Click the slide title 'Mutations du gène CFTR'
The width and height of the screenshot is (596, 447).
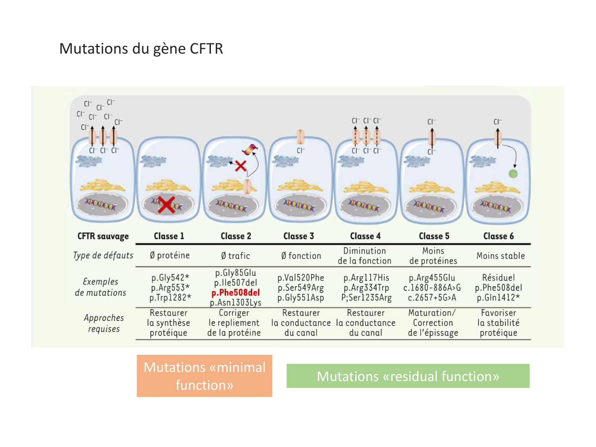click(x=141, y=48)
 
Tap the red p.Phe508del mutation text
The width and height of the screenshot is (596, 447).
click(x=236, y=293)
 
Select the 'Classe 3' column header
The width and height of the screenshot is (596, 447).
click(x=298, y=236)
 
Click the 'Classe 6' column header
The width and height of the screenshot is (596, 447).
click(x=498, y=236)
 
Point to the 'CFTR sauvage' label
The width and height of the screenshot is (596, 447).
click(x=103, y=236)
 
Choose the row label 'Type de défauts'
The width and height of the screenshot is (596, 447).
click(x=103, y=255)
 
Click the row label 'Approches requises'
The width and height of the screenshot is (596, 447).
click(x=104, y=323)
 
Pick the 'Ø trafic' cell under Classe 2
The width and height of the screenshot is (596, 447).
click(x=236, y=256)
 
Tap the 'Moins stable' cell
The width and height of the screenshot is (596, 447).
click(x=501, y=256)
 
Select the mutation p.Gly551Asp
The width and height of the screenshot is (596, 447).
click(x=301, y=298)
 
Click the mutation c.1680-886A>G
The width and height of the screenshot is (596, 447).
click(x=432, y=288)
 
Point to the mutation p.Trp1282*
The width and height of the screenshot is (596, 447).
click(x=170, y=298)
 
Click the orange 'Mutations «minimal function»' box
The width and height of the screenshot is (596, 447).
click(x=204, y=376)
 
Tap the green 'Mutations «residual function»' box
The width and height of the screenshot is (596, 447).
click(x=408, y=376)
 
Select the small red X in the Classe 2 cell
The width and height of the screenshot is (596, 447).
click(x=240, y=166)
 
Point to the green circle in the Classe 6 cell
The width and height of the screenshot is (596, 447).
click(x=513, y=174)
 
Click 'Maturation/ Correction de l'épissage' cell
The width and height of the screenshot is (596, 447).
click(x=433, y=323)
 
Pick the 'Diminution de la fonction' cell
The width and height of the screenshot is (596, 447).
click(x=364, y=256)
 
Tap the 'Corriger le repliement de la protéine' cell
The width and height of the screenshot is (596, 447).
click(x=234, y=323)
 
